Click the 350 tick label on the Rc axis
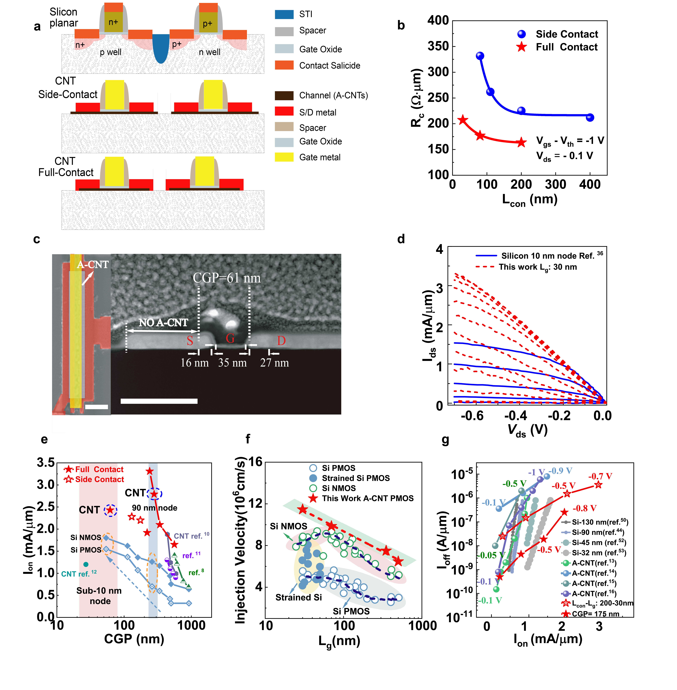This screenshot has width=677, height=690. click(438, 46)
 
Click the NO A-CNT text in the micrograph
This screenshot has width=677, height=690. click(163, 323)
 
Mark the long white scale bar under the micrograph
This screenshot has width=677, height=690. click(159, 401)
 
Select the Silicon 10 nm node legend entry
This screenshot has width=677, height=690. click(539, 256)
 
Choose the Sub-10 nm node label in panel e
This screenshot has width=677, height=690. click(99, 596)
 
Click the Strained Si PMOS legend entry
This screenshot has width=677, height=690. click(355, 478)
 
